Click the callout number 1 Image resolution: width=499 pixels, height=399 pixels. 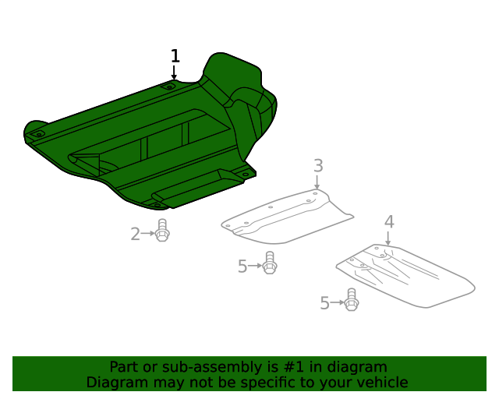175,56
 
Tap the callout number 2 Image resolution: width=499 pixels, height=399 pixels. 135,233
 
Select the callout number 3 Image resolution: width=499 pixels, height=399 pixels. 318,165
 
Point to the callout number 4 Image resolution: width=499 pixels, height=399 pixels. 388,222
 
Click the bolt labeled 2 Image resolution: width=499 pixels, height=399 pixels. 162,231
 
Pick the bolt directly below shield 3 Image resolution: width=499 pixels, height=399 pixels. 270,263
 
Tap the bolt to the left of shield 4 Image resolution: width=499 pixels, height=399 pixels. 351,300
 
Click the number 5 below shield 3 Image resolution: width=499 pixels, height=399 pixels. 242,267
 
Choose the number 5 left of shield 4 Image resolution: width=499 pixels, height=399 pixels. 324,303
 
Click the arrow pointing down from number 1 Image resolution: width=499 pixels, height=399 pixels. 174,72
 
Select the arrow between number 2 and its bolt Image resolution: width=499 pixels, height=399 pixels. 147,233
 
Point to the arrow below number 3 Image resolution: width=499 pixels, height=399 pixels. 317,182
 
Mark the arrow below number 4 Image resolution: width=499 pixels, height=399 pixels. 388,238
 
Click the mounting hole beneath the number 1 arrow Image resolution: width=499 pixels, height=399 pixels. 170,87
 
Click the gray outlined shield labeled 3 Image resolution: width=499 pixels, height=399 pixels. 285,218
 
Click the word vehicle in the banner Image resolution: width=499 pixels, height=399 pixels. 381,383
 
